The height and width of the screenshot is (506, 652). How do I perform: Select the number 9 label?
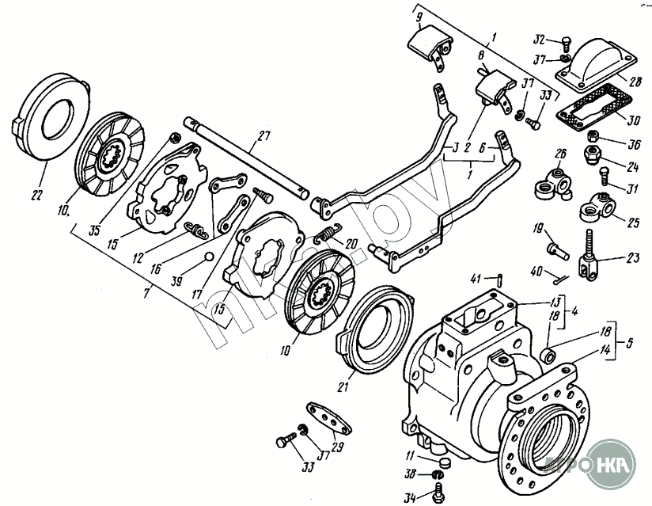tap(419, 16)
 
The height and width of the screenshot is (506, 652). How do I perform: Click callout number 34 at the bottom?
tap(407, 497)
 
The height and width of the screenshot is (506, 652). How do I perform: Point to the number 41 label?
tap(475, 277)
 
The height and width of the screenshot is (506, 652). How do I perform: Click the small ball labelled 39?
tap(207, 255)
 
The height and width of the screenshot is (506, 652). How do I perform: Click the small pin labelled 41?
tap(503, 277)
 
